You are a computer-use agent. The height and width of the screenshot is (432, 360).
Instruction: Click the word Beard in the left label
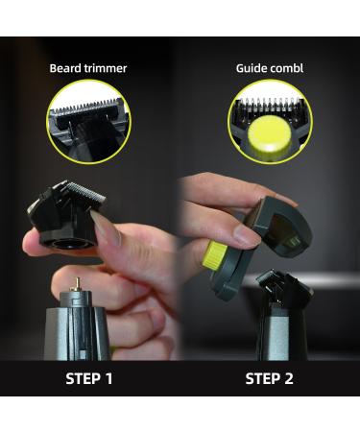coord(66,69)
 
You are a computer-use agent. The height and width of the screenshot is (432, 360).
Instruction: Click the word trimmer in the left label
coord(106,69)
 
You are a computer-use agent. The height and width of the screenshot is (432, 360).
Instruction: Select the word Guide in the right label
coord(252,69)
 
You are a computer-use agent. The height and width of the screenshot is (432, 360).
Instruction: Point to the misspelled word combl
coord(289,69)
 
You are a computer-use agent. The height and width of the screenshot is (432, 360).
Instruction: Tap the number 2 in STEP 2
coord(288,377)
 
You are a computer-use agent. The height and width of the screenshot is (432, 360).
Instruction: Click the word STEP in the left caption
coord(83,377)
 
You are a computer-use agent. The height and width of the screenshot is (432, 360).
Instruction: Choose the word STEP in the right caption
coord(262,377)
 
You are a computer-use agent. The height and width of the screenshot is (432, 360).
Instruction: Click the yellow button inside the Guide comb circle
coord(270,141)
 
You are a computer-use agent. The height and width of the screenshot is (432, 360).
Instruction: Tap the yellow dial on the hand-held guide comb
coord(214,256)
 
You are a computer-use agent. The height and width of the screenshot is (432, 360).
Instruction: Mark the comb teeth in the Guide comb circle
coord(270,108)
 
